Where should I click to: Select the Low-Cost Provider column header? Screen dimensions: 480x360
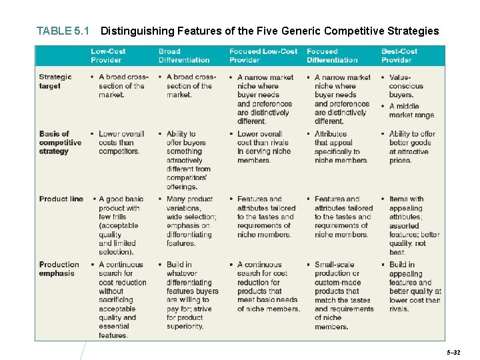click(108, 55)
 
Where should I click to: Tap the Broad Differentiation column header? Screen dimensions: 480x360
click(183, 55)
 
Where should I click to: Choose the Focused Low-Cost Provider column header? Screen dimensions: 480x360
click(263, 55)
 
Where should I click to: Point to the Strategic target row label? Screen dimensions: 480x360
click(55, 81)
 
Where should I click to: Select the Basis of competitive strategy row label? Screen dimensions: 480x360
click(60, 143)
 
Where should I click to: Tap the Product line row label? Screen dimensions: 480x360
click(61, 199)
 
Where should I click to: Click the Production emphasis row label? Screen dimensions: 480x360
click(58, 269)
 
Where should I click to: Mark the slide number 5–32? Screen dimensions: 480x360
click(453, 351)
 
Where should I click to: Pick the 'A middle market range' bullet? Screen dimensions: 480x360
click(411, 111)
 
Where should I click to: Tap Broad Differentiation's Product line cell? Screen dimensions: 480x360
click(191, 221)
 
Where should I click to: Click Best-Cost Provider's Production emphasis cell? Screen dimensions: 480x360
click(414, 287)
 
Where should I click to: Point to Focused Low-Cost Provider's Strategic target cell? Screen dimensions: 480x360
click(265, 99)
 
